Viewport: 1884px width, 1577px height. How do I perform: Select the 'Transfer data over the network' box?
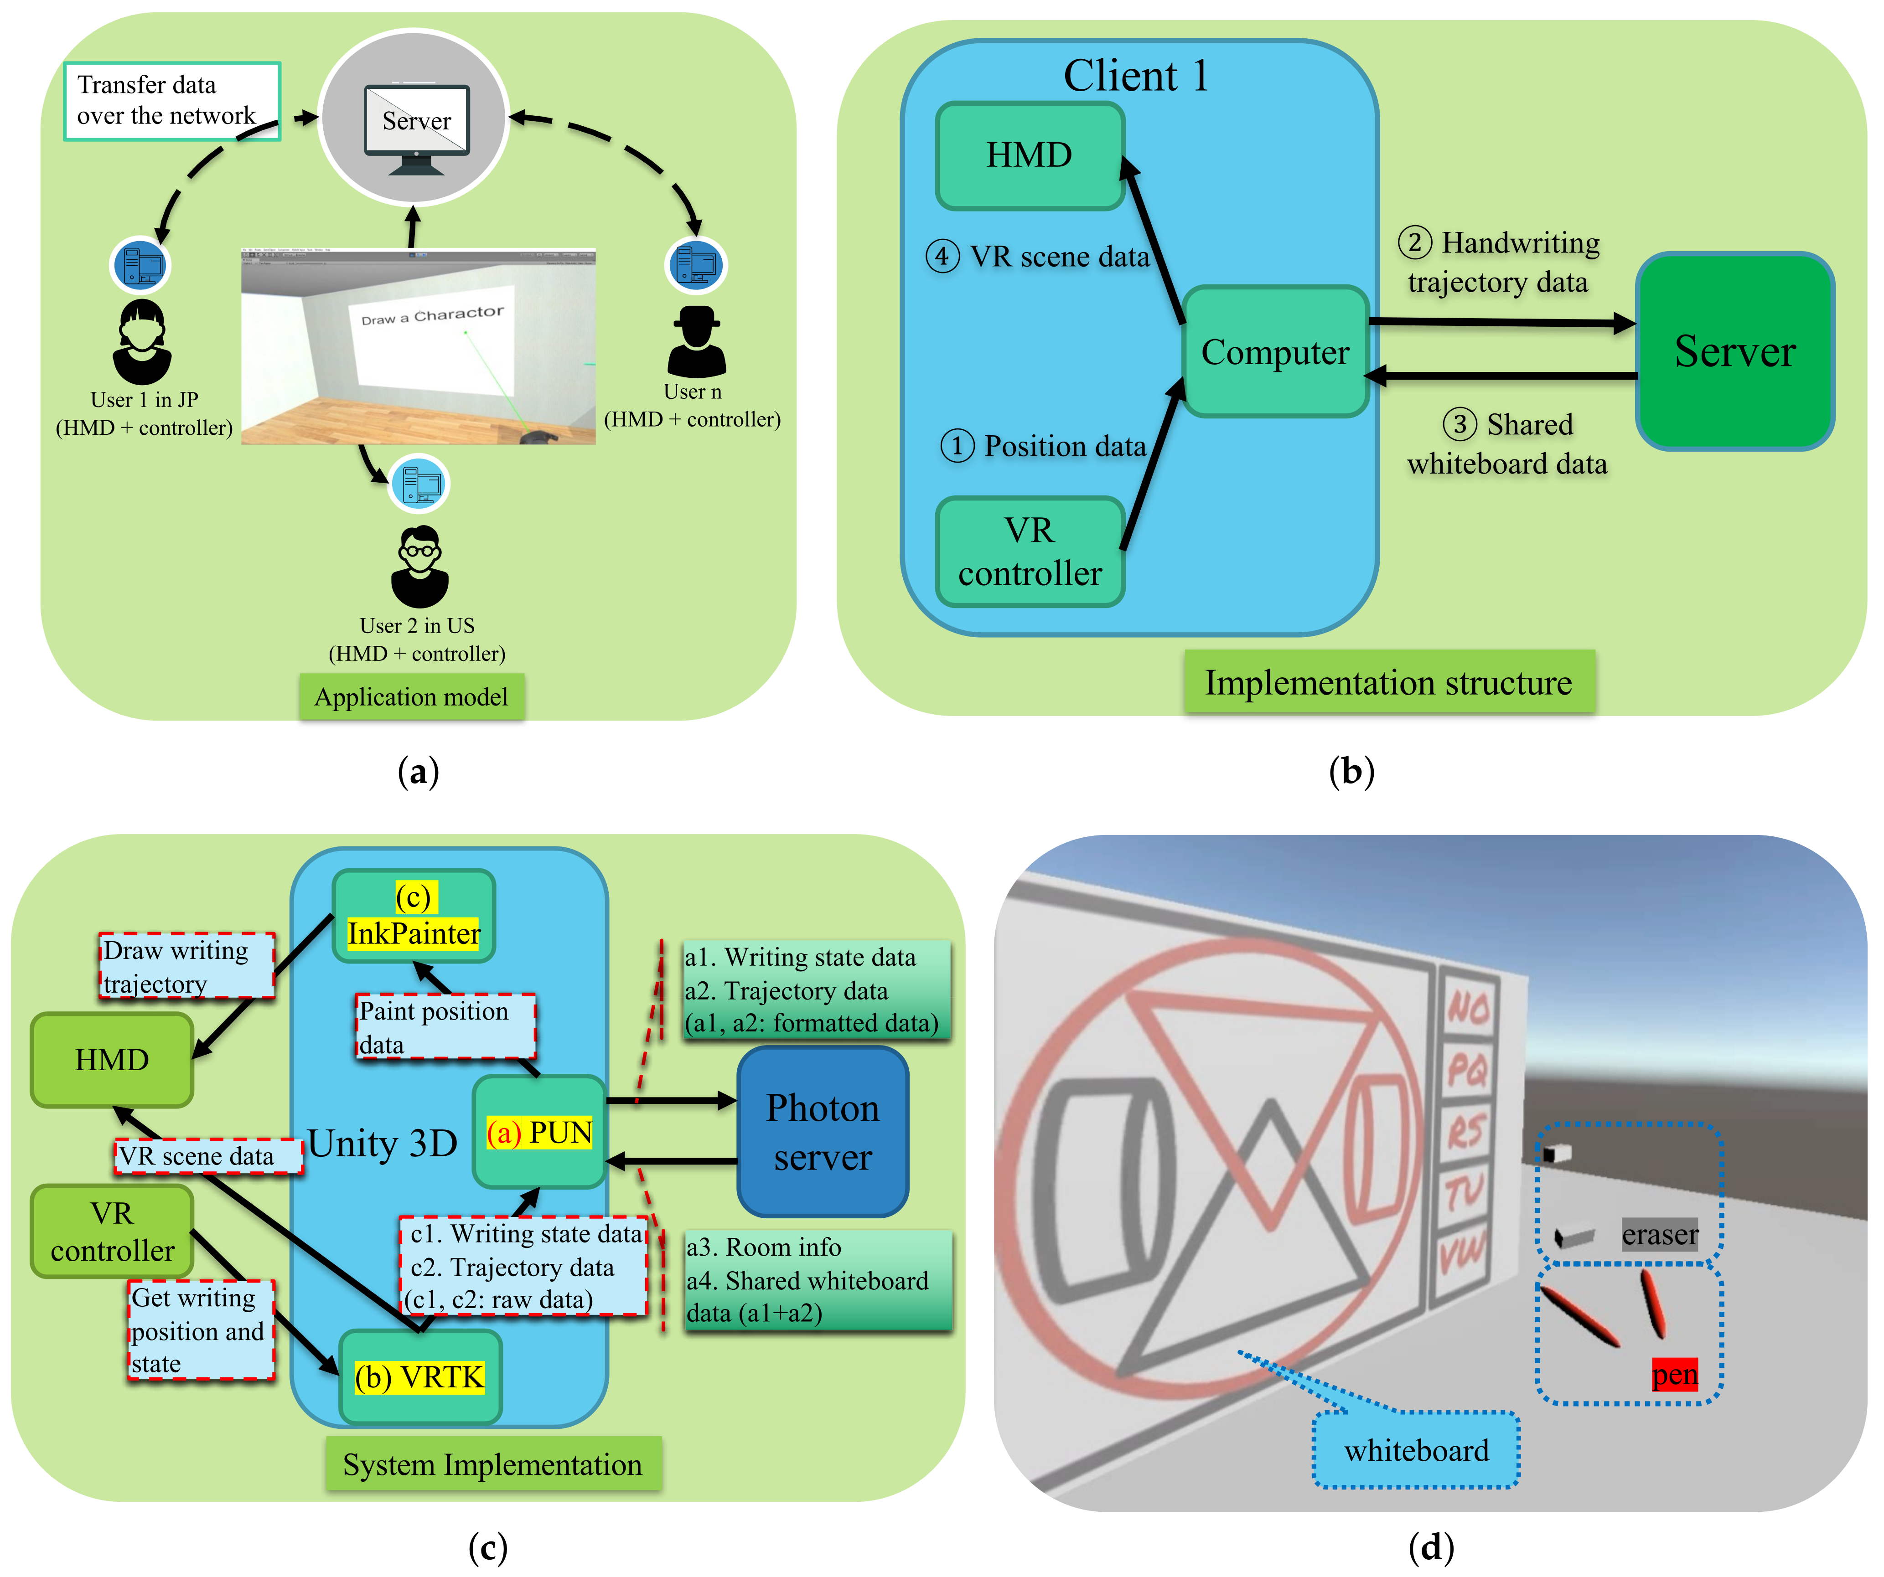tap(171, 100)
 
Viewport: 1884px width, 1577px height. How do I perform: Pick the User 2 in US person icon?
tap(419, 567)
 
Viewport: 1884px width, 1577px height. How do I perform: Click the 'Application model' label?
tap(412, 697)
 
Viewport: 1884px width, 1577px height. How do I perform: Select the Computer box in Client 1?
tap(1275, 352)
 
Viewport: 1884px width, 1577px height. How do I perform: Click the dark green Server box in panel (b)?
tap(1734, 351)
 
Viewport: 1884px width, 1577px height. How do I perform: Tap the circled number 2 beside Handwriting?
tap(1414, 242)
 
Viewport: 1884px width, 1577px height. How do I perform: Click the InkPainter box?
tap(414, 916)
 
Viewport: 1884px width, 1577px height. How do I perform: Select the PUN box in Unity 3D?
tap(539, 1132)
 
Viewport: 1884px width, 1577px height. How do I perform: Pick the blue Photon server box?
tap(822, 1132)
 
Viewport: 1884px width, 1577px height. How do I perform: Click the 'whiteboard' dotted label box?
tap(1416, 1450)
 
